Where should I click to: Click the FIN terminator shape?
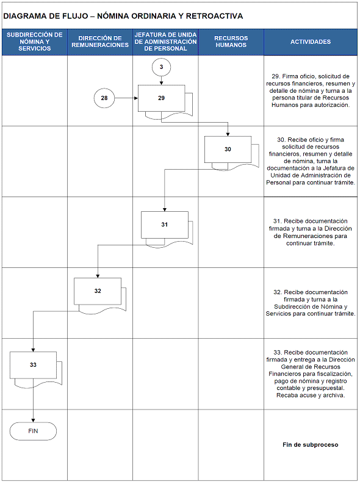33,431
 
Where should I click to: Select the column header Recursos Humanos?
231,42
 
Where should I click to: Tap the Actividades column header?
311,42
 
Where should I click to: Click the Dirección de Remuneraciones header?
100,42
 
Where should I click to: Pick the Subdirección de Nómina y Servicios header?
35,42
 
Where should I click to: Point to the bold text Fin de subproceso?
311,445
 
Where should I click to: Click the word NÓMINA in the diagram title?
113,16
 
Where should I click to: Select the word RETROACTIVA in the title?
214,16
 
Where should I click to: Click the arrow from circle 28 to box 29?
126,98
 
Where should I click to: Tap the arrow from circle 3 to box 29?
161,81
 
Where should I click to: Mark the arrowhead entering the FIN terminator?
33,421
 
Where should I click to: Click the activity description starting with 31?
311,232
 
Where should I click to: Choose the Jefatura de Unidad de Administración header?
165,42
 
